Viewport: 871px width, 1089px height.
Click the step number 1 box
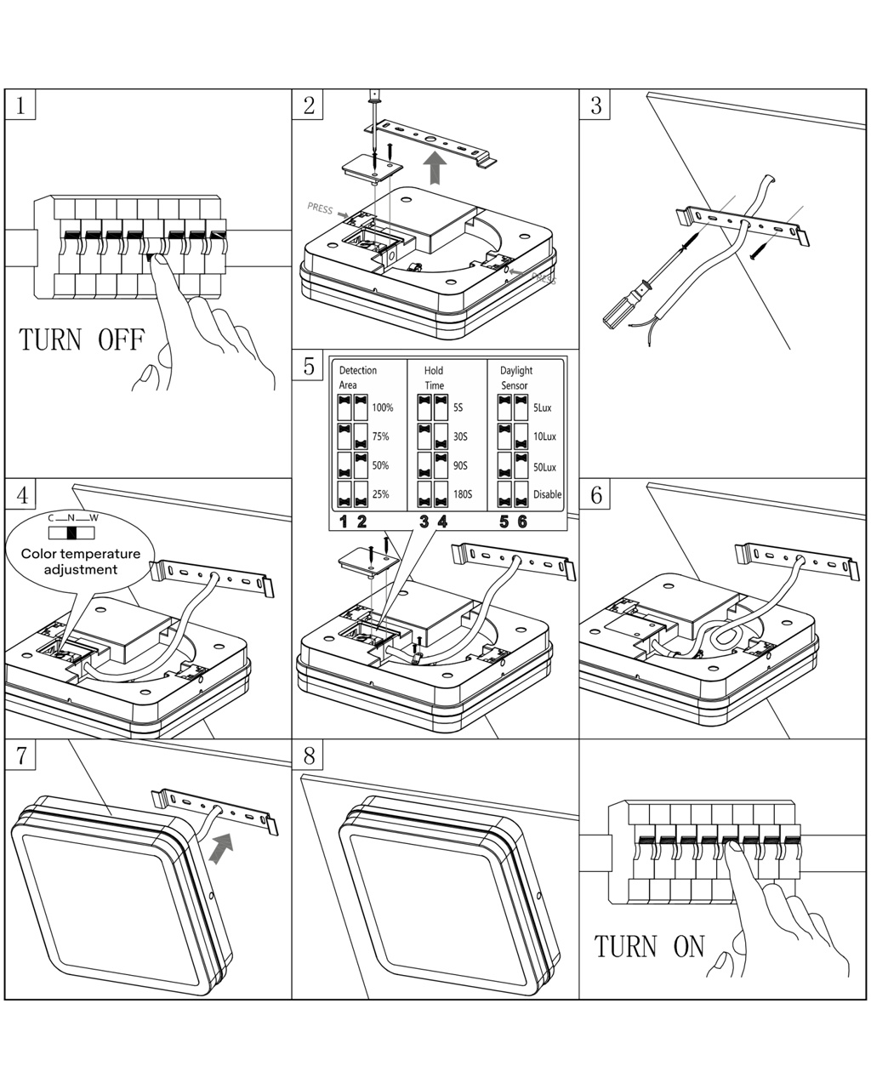[20, 105]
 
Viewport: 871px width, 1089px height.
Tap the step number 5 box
[308, 366]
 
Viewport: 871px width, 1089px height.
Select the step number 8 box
[308, 755]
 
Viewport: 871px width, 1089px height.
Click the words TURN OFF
[82, 340]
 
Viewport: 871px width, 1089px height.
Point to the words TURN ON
[650, 946]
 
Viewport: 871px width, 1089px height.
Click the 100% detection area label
[382, 408]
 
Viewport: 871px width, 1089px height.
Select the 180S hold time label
[463, 494]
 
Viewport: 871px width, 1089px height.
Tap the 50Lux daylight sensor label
[544, 466]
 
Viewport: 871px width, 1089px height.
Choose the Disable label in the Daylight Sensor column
[547, 494]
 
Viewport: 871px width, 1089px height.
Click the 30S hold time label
[460, 436]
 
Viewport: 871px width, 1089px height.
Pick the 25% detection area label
[380, 494]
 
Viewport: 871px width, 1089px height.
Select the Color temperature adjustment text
[81, 562]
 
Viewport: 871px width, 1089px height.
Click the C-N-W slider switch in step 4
[71, 533]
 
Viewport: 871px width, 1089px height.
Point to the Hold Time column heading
[434, 378]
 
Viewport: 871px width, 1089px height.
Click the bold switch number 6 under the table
[522, 522]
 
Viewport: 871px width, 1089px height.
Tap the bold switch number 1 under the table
[344, 522]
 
